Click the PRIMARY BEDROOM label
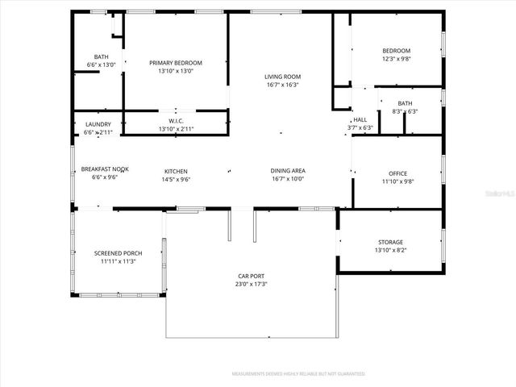point(176,63)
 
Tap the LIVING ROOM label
point(281,77)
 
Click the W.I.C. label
point(177,121)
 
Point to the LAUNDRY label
point(98,124)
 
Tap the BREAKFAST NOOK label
point(100,170)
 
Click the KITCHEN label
point(177,171)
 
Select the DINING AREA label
point(287,171)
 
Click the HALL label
point(360,119)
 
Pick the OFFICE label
point(397,173)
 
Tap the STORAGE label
point(390,242)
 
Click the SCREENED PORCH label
point(118,253)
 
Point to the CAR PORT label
point(252,276)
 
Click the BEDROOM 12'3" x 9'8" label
point(396,51)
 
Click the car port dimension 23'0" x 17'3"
point(252,284)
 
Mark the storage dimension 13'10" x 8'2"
point(390,250)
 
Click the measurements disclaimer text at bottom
point(298,374)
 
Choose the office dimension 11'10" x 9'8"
point(397,181)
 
